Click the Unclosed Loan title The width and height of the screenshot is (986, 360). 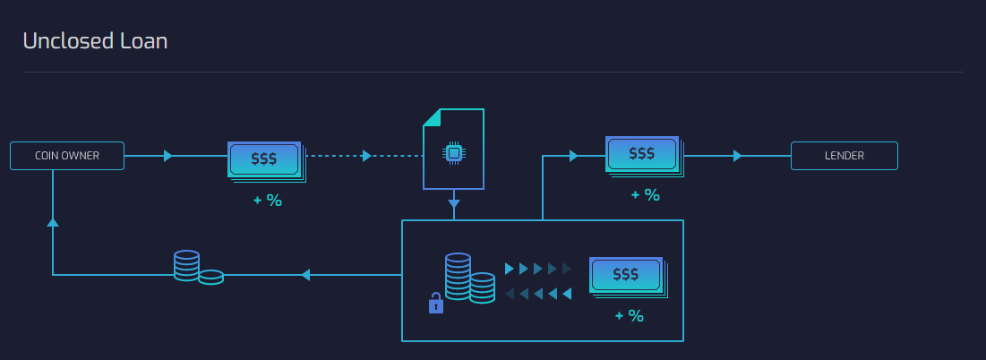pyautogui.click(x=95, y=40)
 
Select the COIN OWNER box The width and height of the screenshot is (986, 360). pyautogui.click(x=67, y=156)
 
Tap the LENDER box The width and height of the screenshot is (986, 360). pyautogui.click(x=844, y=156)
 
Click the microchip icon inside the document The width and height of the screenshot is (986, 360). pyautogui.click(x=454, y=154)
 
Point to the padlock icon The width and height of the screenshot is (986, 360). pyautogui.click(x=436, y=304)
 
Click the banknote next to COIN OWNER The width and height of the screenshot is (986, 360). pyautogui.click(x=265, y=159)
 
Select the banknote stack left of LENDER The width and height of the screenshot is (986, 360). pyautogui.click(x=643, y=155)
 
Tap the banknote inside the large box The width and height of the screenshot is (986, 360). pyautogui.click(x=627, y=275)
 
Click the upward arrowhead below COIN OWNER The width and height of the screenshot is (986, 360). pyautogui.click(x=53, y=221)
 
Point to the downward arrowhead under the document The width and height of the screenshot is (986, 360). pyautogui.click(x=454, y=203)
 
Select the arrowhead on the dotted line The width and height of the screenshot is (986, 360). pyautogui.click(x=366, y=156)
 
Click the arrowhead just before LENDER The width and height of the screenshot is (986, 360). pyautogui.click(x=737, y=156)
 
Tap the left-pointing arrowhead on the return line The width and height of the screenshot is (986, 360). pyautogui.click(x=305, y=275)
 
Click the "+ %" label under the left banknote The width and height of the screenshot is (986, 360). pyautogui.click(x=267, y=201)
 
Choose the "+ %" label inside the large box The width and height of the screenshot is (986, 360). pyautogui.click(x=629, y=315)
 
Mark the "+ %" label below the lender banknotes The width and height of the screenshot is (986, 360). pyautogui.click(x=645, y=194)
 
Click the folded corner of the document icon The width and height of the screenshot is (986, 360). pyautogui.click(x=433, y=117)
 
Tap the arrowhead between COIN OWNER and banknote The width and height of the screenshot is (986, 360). pyautogui.click(x=167, y=156)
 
